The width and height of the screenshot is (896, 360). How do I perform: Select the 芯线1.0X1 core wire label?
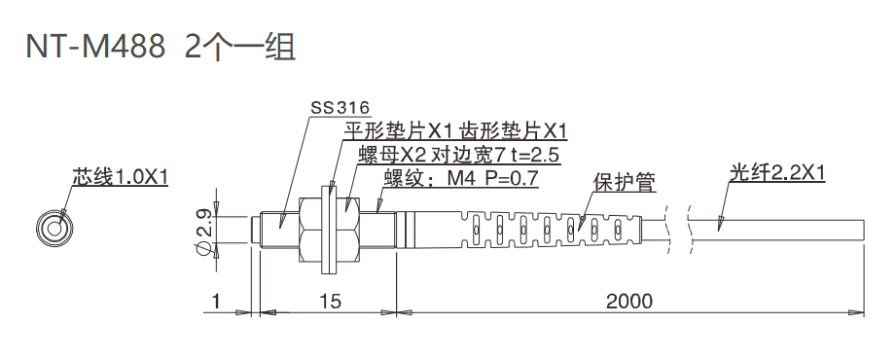coord(121,177)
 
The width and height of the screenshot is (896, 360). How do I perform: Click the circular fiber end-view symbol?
coord(54,228)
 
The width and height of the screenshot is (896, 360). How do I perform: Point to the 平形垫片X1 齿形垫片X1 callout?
coord(455,130)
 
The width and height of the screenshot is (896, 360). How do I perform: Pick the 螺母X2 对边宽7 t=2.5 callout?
coord(458,155)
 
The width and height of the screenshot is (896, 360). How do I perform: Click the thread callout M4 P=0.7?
coord(460,178)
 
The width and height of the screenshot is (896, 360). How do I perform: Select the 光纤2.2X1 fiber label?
coord(777,174)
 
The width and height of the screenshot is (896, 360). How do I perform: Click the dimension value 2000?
coord(628,302)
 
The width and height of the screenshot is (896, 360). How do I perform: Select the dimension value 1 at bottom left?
coord(215,302)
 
